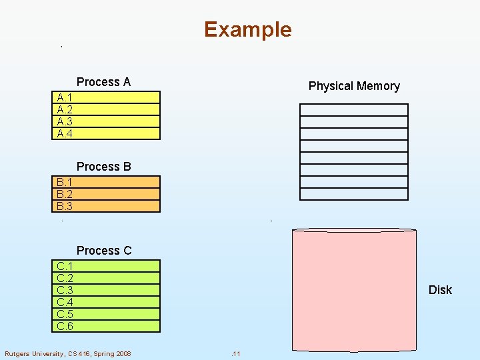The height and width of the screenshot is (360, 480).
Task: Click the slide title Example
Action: pyautogui.click(x=247, y=29)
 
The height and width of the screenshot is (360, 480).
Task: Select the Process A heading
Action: pyautogui.click(x=103, y=82)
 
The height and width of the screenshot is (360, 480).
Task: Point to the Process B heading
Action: pyautogui.click(x=103, y=167)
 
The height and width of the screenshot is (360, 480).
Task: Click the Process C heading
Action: pyautogui.click(x=104, y=251)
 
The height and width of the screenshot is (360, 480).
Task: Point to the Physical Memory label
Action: pyautogui.click(x=354, y=86)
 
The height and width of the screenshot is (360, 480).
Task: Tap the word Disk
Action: pyautogui.click(x=440, y=290)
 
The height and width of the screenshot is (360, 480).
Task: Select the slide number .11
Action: pyautogui.click(x=235, y=353)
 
